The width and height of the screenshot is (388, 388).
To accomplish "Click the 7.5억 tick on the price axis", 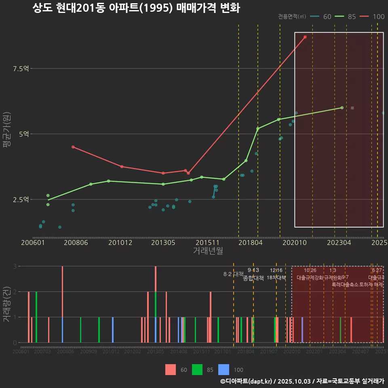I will tap(21, 69).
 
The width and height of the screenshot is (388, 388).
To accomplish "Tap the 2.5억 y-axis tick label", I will tap(21, 199).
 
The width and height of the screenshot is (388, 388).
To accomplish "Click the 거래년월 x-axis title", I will tap(208, 251).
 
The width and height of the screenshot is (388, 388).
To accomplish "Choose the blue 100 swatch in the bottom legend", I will tap(224, 369).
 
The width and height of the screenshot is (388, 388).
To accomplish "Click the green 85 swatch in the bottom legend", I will tap(197, 369).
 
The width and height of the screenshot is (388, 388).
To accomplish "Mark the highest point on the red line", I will tap(305, 37).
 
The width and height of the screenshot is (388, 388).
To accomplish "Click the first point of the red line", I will tap(73, 147).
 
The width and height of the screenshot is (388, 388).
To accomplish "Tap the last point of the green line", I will tap(342, 108).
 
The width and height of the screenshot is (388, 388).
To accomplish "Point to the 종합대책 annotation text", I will tap(253, 278).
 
